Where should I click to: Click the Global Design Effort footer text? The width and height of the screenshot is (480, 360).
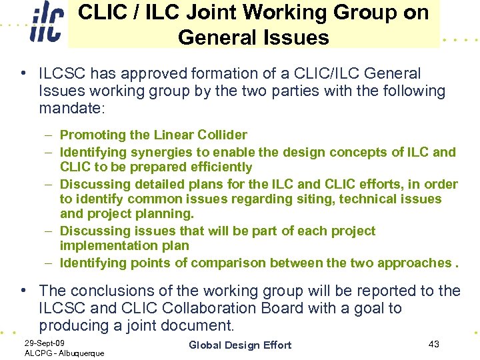coord(240,345)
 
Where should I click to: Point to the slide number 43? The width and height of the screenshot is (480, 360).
coord(433,343)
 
